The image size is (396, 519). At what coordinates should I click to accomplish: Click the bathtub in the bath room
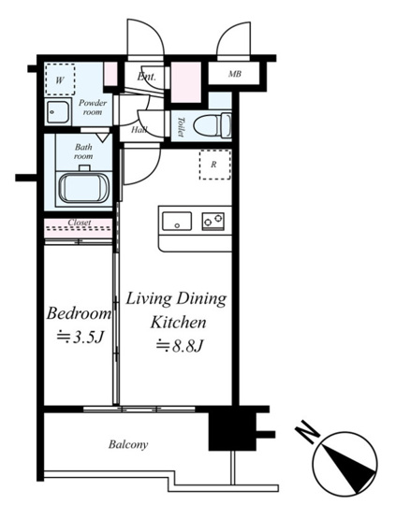point(84,187)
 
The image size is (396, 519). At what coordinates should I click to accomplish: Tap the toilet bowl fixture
point(213,125)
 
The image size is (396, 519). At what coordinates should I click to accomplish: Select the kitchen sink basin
point(177,221)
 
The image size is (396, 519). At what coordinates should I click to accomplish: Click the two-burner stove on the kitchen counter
point(213,221)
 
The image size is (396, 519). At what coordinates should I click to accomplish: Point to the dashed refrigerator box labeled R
point(214,165)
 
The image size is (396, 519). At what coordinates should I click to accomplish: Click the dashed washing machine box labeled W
point(60,79)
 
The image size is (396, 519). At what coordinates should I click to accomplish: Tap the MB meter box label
point(235,74)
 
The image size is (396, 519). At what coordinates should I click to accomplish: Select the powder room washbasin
point(57,111)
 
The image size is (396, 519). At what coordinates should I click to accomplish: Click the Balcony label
point(128,444)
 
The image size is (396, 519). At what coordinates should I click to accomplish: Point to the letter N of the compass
point(307,432)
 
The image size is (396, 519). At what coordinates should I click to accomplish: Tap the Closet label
point(80,223)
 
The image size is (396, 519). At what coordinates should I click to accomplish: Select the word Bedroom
point(79,313)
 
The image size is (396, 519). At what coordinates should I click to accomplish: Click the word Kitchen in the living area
point(178,322)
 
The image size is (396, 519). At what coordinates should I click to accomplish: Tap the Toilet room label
point(181,126)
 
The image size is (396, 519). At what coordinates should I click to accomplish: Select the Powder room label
point(93,108)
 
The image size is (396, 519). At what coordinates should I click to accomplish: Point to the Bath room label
point(83,151)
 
